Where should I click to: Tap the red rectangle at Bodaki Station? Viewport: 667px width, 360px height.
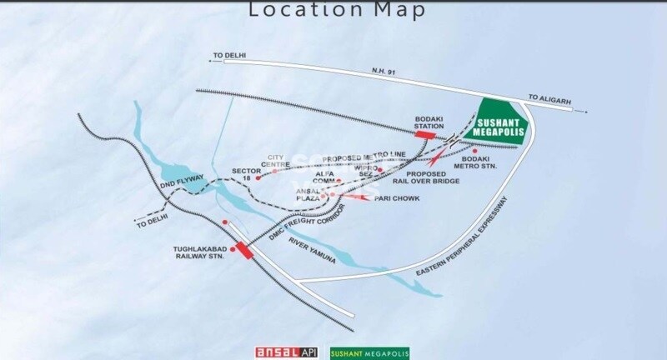425,133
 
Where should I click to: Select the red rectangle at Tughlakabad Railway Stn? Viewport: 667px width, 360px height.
243,248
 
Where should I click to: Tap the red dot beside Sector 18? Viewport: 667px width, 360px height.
258,177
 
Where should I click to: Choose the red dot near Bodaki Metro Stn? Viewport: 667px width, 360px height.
474,151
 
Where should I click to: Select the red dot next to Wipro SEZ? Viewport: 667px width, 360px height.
379,169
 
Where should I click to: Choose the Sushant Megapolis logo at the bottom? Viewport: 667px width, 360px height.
371,352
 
